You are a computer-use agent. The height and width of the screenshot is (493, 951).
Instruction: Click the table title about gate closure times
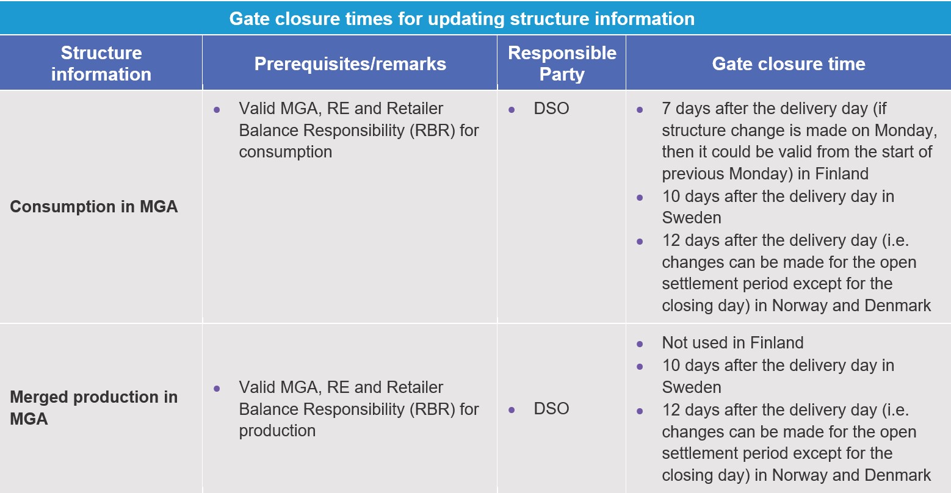462,19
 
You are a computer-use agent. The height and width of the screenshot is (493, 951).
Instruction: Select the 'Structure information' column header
101,63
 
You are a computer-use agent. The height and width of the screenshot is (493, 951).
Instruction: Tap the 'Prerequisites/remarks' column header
350,63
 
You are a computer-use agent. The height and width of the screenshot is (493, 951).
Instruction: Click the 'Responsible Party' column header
562,63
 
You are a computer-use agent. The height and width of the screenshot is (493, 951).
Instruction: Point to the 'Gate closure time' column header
789,63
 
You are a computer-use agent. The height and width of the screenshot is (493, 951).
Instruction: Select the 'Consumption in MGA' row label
94,207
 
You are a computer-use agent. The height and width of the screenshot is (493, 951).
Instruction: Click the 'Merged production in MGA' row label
94,408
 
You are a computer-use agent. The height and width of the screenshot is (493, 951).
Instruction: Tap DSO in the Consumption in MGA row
551,109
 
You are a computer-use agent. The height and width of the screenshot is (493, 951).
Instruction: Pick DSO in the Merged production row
551,409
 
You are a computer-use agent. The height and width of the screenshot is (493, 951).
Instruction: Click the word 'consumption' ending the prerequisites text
285,153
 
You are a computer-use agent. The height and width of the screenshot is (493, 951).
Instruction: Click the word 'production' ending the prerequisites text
277,431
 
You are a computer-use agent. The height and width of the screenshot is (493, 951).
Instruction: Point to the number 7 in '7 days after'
666,109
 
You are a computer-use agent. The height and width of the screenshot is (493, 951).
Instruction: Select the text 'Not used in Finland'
732,343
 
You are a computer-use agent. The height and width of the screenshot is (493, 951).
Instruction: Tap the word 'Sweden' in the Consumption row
691,218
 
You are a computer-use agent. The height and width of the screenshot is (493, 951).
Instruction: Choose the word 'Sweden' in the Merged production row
691,387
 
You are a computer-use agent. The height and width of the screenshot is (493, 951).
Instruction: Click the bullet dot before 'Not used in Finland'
640,344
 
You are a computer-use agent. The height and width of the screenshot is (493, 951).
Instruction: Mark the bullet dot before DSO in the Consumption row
512,110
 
